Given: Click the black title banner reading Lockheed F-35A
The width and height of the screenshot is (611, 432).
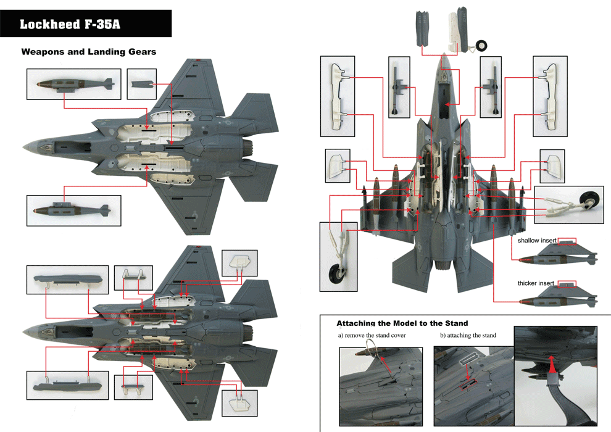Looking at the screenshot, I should [x=86, y=24].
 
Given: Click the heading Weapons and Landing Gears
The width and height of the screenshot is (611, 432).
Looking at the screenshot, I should [x=89, y=52].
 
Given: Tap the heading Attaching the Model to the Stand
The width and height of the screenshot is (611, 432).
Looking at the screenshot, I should [x=402, y=323].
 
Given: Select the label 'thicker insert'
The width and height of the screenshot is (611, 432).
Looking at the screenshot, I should [x=536, y=283].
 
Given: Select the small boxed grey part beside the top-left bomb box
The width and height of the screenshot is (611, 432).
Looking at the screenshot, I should [x=146, y=83].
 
